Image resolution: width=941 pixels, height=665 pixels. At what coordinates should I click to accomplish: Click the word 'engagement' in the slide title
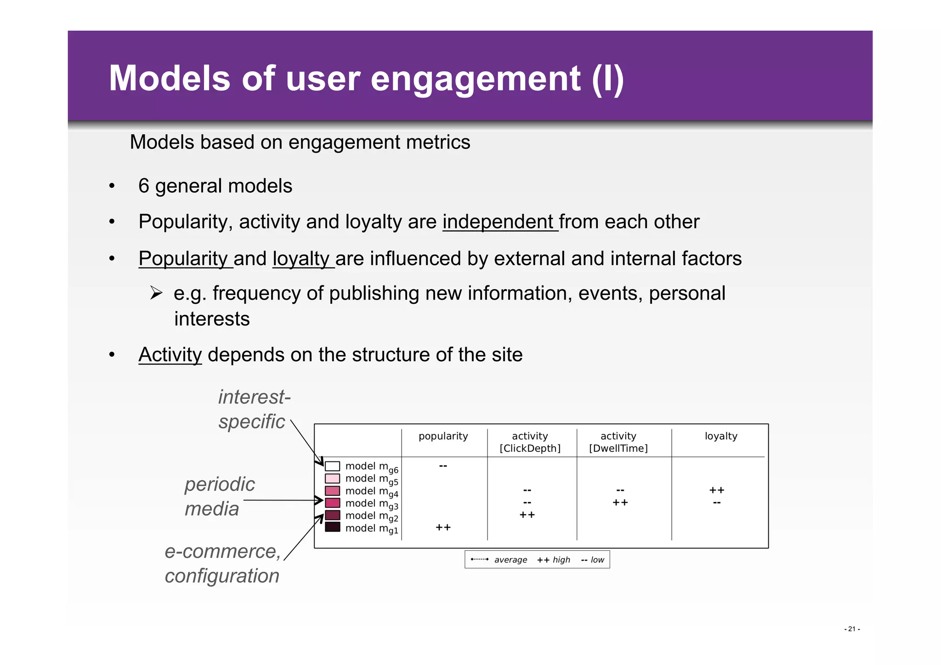pyautogui.click(x=475, y=79)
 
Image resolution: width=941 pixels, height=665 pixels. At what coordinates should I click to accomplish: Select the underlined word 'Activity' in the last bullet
pyautogui.click(x=170, y=355)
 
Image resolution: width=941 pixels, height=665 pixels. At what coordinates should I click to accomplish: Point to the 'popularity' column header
pyautogui.click(x=443, y=436)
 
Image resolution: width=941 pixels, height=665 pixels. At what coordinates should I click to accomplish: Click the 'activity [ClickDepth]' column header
pyautogui.click(x=530, y=442)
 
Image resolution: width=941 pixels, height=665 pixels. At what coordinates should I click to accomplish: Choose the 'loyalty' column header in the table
pyautogui.click(x=720, y=436)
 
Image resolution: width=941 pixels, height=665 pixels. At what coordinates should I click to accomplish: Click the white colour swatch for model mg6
pyautogui.click(x=332, y=466)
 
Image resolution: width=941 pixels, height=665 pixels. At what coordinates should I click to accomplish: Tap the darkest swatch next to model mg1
pyautogui.click(x=332, y=527)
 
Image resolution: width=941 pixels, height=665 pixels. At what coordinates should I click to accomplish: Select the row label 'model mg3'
pyautogui.click(x=371, y=504)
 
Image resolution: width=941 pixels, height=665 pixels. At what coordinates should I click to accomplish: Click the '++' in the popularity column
pyautogui.click(x=443, y=528)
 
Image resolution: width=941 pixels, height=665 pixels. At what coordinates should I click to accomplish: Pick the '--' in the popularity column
pyautogui.click(x=443, y=466)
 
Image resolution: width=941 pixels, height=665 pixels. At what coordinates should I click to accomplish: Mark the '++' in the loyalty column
pyautogui.click(x=716, y=490)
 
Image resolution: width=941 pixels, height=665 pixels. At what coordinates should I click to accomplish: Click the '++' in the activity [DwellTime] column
pyautogui.click(x=620, y=503)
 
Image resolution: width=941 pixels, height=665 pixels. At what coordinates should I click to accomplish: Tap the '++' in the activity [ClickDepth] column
pyautogui.click(x=527, y=515)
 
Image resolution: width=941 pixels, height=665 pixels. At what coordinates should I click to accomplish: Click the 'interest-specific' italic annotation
pyautogui.click(x=254, y=409)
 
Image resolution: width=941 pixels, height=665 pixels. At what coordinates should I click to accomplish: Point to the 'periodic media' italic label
pyautogui.click(x=219, y=496)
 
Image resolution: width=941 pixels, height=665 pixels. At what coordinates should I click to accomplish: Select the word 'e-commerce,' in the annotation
pyautogui.click(x=222, y=551)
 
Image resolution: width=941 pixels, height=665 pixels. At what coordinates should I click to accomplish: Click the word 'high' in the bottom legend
pyautogui.click(x=561, y=560)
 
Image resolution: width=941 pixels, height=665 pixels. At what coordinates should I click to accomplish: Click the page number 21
pyautogui.click(x=851, y=629)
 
